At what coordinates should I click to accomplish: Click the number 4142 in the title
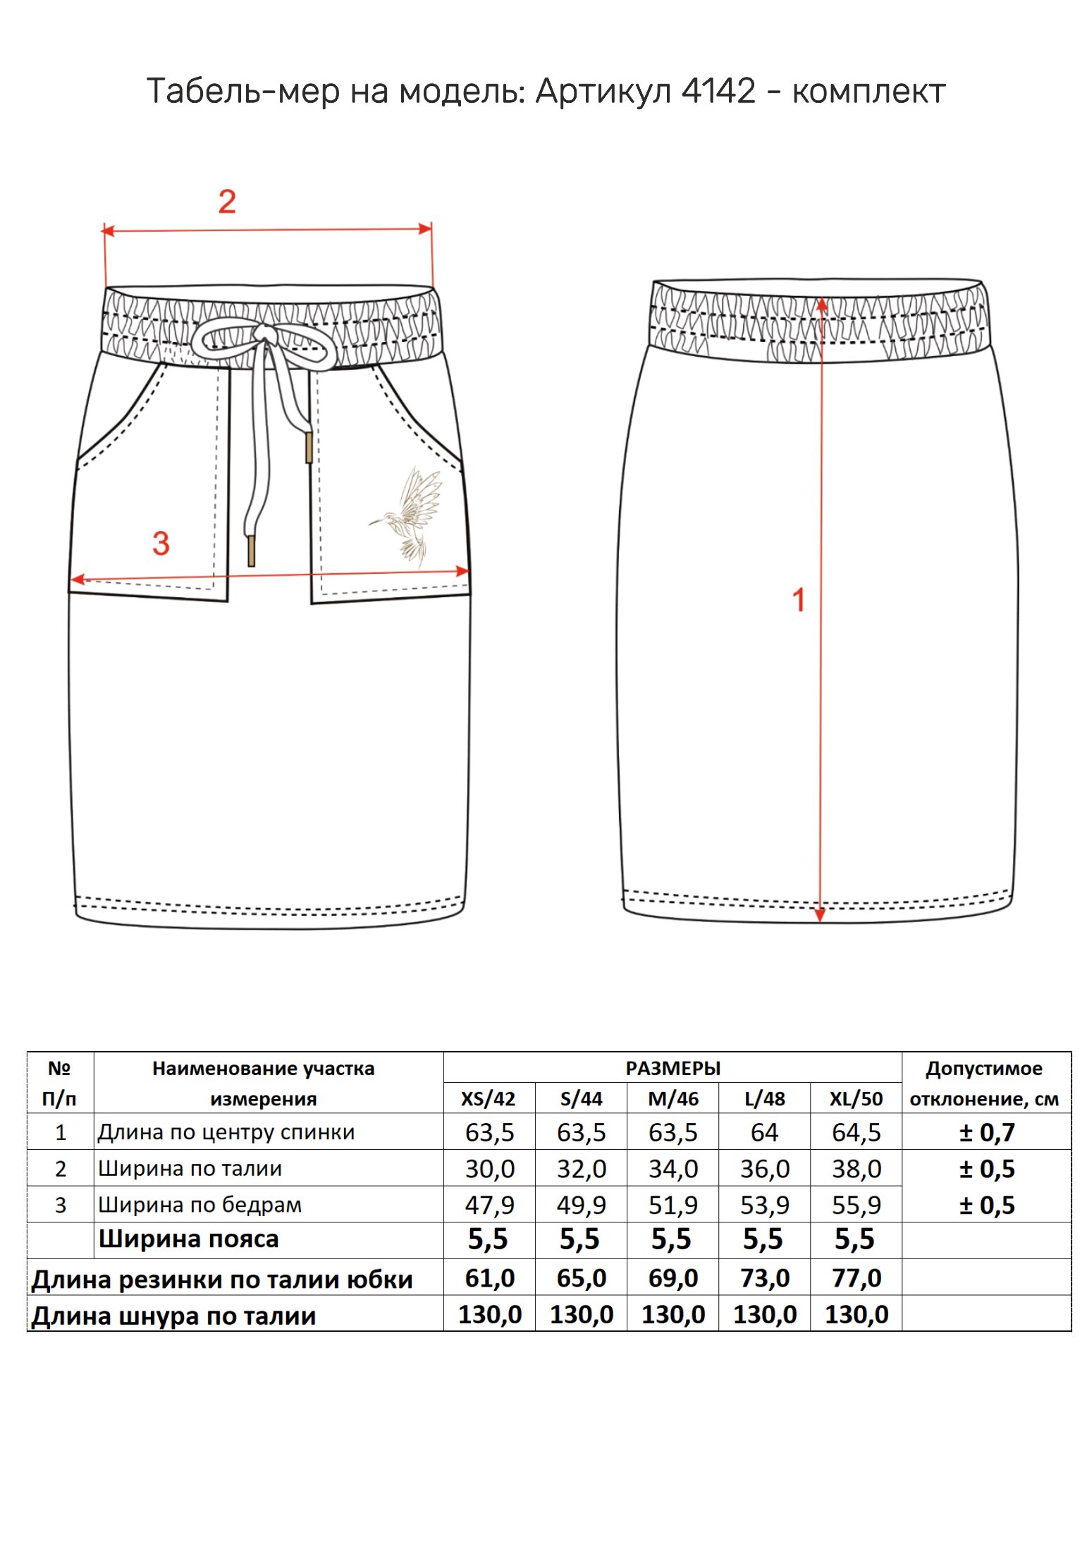718,91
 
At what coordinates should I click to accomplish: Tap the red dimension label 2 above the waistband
227,202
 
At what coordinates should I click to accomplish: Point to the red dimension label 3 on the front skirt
161,544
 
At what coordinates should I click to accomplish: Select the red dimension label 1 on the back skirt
799,601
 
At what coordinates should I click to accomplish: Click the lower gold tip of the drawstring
251,551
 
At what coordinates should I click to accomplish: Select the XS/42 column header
489,1099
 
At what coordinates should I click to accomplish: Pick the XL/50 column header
856,1099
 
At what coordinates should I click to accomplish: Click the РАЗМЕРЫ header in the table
673,1069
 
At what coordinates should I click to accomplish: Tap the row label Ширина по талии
190,1169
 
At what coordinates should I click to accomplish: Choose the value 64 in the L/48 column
764,1133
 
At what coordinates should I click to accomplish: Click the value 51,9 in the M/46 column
673,1206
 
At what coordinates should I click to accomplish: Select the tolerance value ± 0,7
986,1133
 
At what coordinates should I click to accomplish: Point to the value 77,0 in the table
856,1278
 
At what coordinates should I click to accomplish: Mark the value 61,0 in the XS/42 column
489,1278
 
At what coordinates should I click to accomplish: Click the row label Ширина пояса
188,1239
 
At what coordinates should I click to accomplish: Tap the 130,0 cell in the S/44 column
581,1315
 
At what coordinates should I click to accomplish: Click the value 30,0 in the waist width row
489,1170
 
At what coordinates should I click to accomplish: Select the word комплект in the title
868,92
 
